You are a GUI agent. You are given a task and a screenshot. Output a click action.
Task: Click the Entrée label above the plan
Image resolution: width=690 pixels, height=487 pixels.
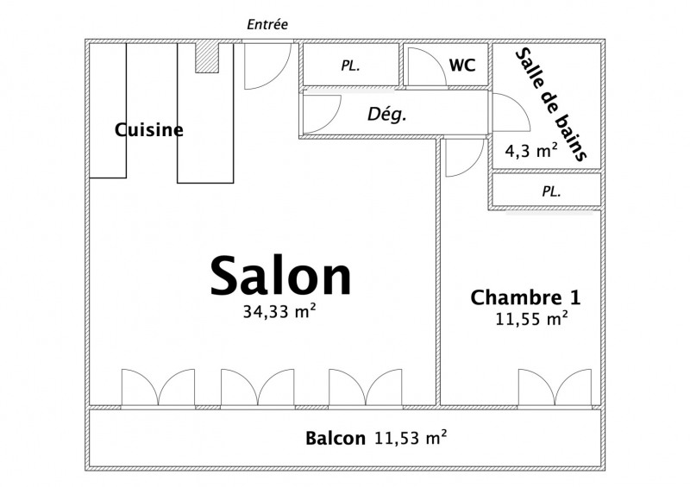[x=267, y=24]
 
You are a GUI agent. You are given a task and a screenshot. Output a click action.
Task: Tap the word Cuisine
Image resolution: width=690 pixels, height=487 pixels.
[x=148, y=130]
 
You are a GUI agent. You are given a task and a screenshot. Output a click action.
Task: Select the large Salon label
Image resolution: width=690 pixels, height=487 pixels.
[x=281, y=276]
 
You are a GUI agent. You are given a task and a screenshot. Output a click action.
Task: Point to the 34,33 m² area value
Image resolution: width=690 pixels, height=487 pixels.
[x=279, y=311]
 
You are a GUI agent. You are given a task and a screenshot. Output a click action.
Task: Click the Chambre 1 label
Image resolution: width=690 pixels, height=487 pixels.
[x=526, y=297]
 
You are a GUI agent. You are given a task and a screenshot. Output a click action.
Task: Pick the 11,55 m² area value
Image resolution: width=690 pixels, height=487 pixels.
[x=531, y=318]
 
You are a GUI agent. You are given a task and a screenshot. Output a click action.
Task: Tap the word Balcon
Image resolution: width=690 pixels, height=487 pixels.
[x=336, y=438]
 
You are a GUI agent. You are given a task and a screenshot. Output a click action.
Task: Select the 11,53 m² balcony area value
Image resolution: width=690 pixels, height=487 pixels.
[x=411, y=437]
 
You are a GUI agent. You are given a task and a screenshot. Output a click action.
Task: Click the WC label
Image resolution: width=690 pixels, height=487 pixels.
[x=462, y=66]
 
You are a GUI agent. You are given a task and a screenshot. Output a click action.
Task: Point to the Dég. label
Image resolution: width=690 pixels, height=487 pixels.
[x=386, y=115]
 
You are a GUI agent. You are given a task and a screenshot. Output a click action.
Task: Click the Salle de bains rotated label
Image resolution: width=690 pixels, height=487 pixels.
[x=550, y=104]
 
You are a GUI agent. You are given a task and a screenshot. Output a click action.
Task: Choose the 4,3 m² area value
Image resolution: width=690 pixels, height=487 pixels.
[x=531, y=151]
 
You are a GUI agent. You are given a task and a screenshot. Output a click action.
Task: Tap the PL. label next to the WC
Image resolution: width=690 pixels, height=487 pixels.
[x=351, y=66]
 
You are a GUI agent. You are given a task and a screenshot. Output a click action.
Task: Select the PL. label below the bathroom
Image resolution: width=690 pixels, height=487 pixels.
[x=551, y=191]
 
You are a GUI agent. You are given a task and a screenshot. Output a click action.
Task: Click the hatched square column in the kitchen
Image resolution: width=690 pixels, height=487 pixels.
[x=207, y=57]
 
